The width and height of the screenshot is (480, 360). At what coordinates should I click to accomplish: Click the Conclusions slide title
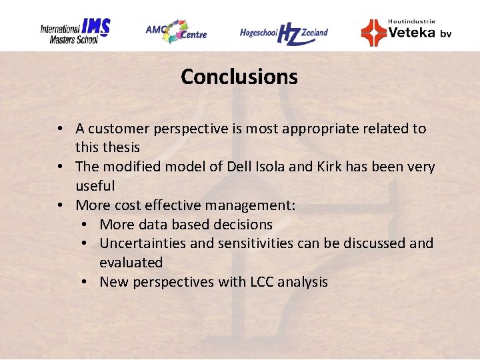[239, 77]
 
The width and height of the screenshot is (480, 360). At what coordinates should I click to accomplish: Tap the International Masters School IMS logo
[74, 31]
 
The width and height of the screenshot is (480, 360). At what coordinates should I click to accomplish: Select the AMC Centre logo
[176, 31]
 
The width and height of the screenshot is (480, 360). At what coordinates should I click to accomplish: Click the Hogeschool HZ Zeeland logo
[284, 33]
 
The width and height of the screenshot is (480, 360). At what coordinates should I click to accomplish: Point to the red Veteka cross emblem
[373, 32]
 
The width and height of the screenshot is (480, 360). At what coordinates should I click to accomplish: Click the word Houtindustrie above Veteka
[411, 21]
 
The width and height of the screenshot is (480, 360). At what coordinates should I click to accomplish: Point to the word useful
[95, 186]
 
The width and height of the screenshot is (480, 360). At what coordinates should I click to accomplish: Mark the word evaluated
[131, 263]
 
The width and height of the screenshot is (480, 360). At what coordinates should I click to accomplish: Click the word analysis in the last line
[303, 282]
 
